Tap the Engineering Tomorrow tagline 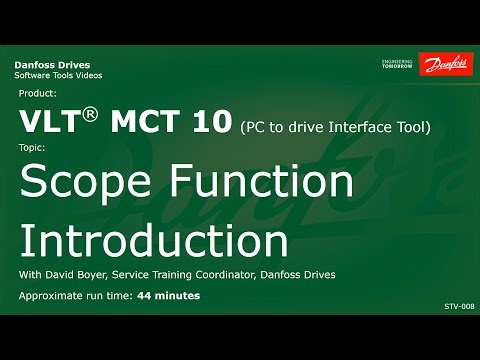pyautogui.click(x=399, y=64)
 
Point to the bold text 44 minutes pyautogui.click(x=168, y=296)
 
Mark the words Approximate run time pyautogui.click(x=74, y=296)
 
